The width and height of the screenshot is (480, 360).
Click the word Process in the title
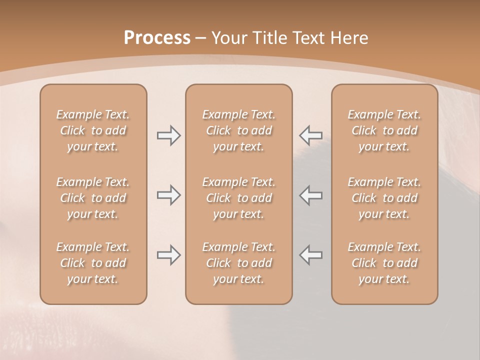click(x=157, y=38)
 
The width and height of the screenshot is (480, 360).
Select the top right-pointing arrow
click(x=168, y=135)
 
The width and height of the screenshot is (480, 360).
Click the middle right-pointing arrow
click(x=168, y=195)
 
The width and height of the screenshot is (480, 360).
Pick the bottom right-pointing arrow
click(x=168, y=254)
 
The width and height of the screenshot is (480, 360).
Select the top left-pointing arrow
click(x=311, y=135)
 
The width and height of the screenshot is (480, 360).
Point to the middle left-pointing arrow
click(x=311, y=195)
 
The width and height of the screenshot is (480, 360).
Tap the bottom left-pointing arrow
click(x=311, y=254)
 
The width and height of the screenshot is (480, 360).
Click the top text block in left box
click(x=93, y=130)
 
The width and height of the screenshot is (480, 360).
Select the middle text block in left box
click(x=93, y=198)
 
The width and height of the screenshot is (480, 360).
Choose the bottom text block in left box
click(x=93, y=263)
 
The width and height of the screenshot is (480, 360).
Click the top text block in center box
click(x=238, y=130)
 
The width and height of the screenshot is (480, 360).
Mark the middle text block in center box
click(x=238, y=198)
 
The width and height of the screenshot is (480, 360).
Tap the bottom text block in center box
click(x=238, y=263)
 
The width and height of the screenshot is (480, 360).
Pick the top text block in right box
click(x=384, y=130)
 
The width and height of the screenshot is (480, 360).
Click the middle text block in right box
click(x=384, y=198)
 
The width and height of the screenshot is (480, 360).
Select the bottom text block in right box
click(x=384, y=263)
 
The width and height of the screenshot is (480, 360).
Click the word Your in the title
click(x=227, y=38)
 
